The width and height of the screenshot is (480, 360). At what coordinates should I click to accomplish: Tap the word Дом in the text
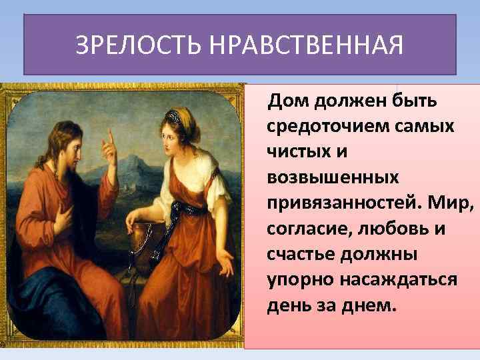[285, 102]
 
